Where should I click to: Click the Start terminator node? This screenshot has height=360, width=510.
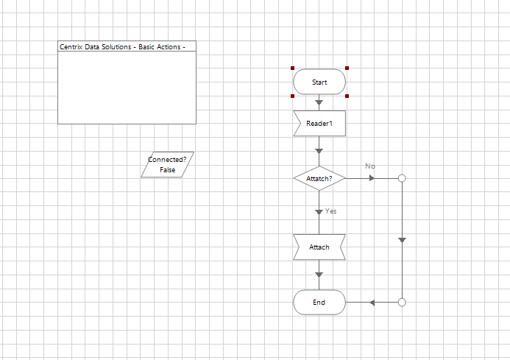tap(319, 82)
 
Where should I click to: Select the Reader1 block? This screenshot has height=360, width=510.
tap(319, 124)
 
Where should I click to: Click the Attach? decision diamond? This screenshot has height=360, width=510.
tap(319, 178)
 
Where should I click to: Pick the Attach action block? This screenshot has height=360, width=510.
tap(319, 247)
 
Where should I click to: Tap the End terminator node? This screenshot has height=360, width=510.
tap(319, 302)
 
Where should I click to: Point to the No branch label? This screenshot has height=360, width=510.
tap(370, 166)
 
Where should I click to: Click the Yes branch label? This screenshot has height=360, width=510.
tap(331, 211)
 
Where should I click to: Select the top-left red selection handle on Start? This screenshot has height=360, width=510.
tap(293, 68)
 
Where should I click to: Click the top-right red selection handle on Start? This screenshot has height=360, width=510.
tap(346, 68)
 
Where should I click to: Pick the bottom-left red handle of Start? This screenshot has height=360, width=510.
tap(293, 96)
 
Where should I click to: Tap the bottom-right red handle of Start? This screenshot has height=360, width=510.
tap(346, 96)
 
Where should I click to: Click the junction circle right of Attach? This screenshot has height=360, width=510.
tap(402, 178)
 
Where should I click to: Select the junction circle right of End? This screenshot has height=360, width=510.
tap(402, 302)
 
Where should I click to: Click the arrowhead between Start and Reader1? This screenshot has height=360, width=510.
tap(319, 104)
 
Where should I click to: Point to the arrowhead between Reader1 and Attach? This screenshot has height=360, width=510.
tap(319, 151)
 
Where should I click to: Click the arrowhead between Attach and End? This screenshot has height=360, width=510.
tap(319, 275)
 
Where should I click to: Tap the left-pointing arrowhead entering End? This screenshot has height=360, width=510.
tap(373, 303)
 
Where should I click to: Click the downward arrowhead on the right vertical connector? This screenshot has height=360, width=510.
tap(402, 240)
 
